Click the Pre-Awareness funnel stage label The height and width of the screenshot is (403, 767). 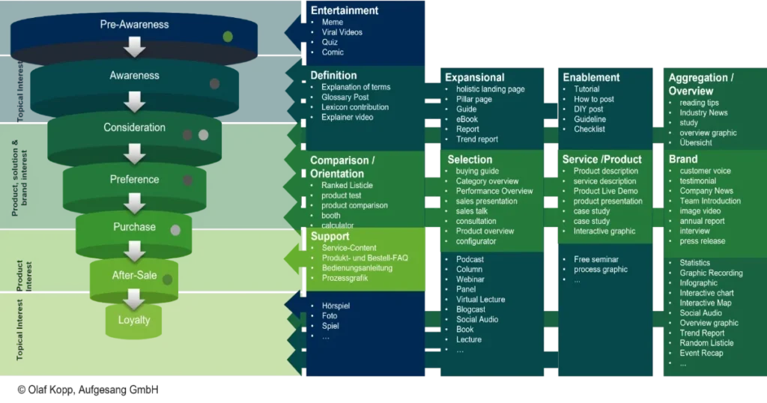click(134, 25)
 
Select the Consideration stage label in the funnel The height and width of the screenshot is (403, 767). click(134, 127)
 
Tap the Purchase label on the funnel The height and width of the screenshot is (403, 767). click(134, 227)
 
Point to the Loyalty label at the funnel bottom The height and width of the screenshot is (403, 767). click(134, 320)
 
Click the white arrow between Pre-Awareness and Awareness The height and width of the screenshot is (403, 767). click(134, 48)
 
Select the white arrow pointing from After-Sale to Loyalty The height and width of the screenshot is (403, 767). click(134, 299)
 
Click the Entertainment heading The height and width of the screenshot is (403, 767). click(345, 10)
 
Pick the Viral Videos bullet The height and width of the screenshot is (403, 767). click(342, 32)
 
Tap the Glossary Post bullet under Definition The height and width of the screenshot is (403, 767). click(345, 97)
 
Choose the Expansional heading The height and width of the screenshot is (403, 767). click(474, 77)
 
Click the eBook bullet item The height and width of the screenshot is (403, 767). click(467, 119)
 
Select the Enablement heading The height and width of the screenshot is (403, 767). click(591, 77)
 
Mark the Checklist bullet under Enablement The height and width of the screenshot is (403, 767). click(589, 129)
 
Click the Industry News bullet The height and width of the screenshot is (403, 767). click(703, 112)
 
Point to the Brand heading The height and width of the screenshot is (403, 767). click(682, 159)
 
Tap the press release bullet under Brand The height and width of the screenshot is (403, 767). click(702, 241)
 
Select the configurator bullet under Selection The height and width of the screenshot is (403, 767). click(476, 241)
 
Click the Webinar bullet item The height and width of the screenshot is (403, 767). click(470, 279)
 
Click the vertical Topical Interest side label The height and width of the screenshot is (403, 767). click(20, 330)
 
